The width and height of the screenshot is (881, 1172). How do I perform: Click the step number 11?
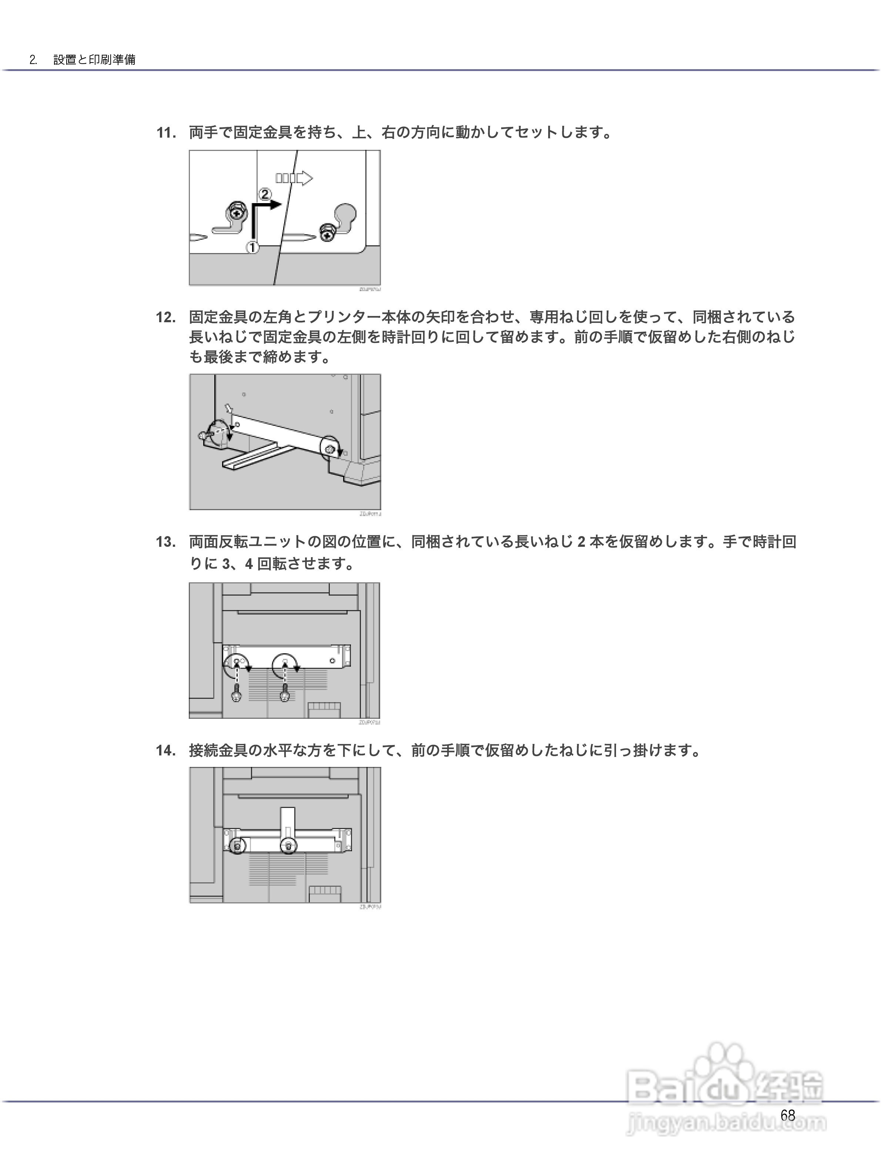coord(166,132)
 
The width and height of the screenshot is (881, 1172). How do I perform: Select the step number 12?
coord(166,317)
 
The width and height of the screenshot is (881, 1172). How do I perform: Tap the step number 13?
coord(166,542)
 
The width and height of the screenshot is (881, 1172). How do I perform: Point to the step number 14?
coord(166,751)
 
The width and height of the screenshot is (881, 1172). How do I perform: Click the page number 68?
coord(788,1115)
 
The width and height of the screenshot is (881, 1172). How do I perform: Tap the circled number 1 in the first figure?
coord(252,247)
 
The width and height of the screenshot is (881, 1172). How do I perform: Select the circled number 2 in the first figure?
coord(265,194)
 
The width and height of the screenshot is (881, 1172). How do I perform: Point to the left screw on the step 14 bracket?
coord(237,846)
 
